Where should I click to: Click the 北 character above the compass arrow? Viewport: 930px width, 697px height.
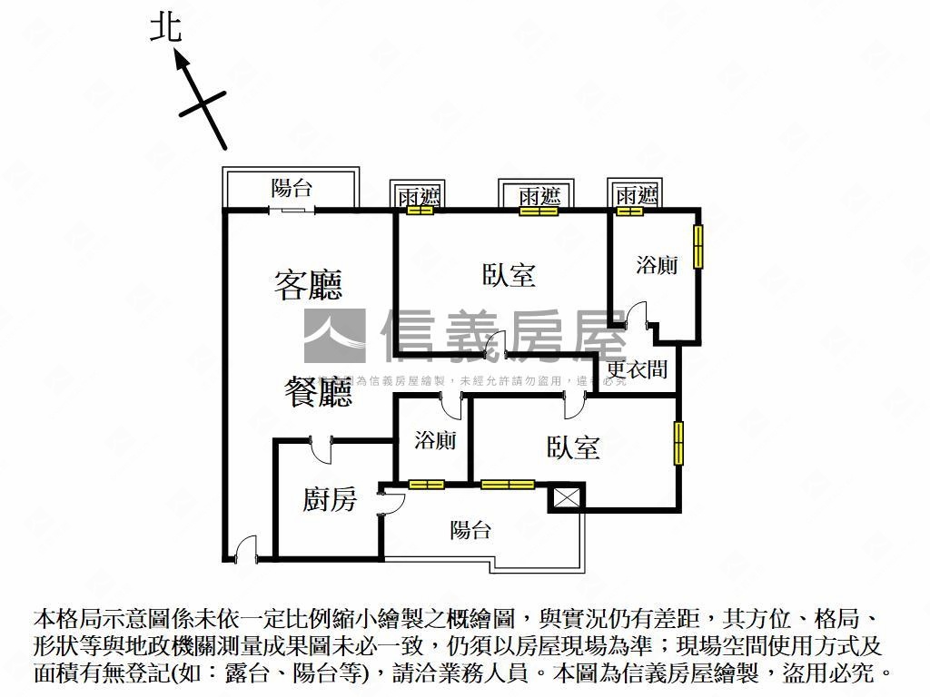pos(166,28)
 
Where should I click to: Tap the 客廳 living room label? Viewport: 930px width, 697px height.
pos(309,285)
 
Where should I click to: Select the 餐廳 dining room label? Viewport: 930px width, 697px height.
pos(317,392)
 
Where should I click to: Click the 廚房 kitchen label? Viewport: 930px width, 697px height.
pos(330,498)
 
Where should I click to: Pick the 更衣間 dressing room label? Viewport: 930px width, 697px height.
pos(638,369)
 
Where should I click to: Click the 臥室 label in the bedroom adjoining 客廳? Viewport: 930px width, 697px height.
pos(509,274)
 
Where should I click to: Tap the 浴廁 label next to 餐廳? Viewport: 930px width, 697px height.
pos(435,441)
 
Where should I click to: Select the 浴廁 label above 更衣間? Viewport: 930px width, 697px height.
pos(656,266)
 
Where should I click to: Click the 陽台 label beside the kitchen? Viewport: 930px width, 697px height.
pos(470,530)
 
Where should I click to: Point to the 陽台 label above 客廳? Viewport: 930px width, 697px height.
pos(292,189)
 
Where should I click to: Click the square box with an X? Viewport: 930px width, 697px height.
pos(567,497)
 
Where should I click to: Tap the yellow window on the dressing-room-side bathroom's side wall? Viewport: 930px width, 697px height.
pos(698,245)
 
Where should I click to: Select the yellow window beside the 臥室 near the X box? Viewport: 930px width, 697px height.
pos(678,442)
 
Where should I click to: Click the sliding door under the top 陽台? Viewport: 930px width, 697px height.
pos(292,211)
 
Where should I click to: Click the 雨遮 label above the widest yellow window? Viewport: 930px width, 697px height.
pos(538,196)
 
